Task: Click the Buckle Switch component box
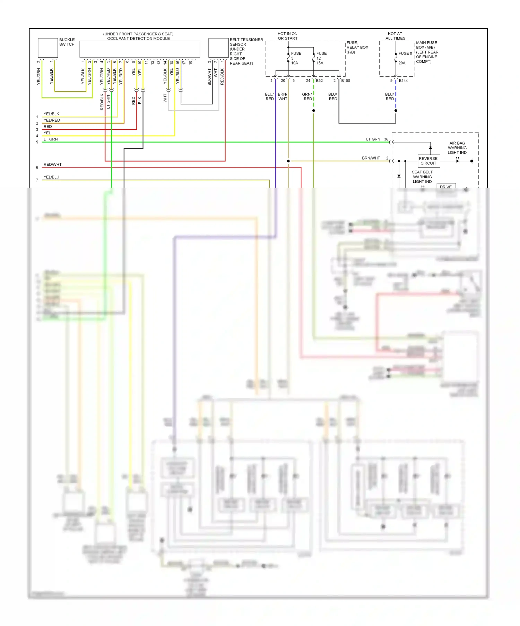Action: tap(47, 48)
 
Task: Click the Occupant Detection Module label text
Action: tap(138, 38)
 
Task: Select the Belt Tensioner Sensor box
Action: tap(218, 48)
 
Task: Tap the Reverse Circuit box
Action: tap(428, 161)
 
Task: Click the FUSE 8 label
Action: tap(405, 53)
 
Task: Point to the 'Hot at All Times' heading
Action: tap(395, 36)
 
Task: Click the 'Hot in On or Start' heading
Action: tap(287, 36)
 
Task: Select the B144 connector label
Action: tap(403, 81)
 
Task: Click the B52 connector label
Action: tap(319, 81)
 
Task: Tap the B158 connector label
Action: tap(346, 81)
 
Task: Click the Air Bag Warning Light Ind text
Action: tap(457, 148)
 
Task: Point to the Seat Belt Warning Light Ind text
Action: tap(422, 177)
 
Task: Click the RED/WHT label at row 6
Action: tap(52, 165)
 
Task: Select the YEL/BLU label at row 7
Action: tap(51, 177)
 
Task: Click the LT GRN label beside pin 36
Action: tap(373, 139)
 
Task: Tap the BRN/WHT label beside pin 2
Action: tap(371, 158)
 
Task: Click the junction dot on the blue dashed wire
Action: tap(396, 111)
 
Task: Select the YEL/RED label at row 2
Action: tap(52, 120)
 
